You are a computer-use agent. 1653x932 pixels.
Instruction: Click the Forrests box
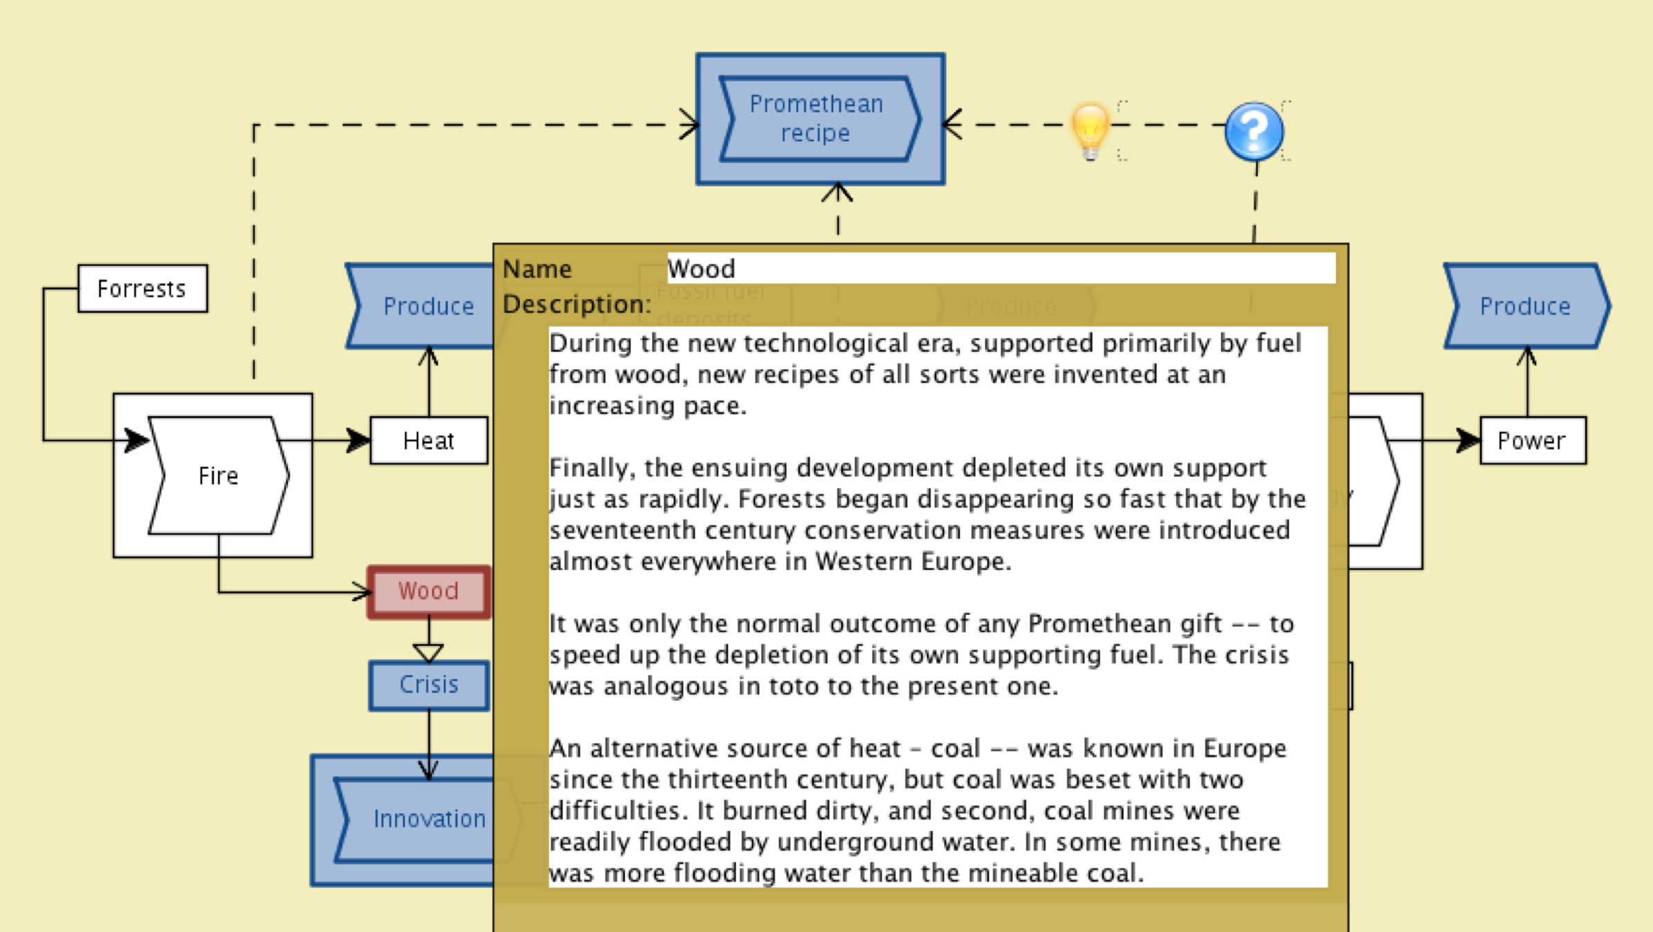(x=142, y=289)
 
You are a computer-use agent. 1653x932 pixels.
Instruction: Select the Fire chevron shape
(x=218, y=476)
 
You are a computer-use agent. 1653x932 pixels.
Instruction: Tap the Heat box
(x=428, y=440)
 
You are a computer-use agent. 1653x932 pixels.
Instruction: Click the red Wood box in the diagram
(x=428, y=591)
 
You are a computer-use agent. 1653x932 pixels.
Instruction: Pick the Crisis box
(x=428, y=685)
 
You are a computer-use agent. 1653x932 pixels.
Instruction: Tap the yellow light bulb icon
(x=1090, y=129)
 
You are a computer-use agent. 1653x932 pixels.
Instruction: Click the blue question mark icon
(x=1253, y=130)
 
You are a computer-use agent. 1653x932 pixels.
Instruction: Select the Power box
(x=1532, y=440)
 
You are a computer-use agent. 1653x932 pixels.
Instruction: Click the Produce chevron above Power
(x=1526, y=306)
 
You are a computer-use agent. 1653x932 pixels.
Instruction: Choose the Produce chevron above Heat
(x=424, y=306)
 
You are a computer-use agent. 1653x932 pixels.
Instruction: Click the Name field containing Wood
(x=1000, y=269)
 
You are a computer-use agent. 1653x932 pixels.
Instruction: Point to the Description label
(x=577, y=305)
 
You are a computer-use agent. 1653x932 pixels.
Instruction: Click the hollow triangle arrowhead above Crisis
(x=428, y=652)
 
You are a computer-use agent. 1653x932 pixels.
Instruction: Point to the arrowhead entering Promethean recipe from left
(x=689, y=125)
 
